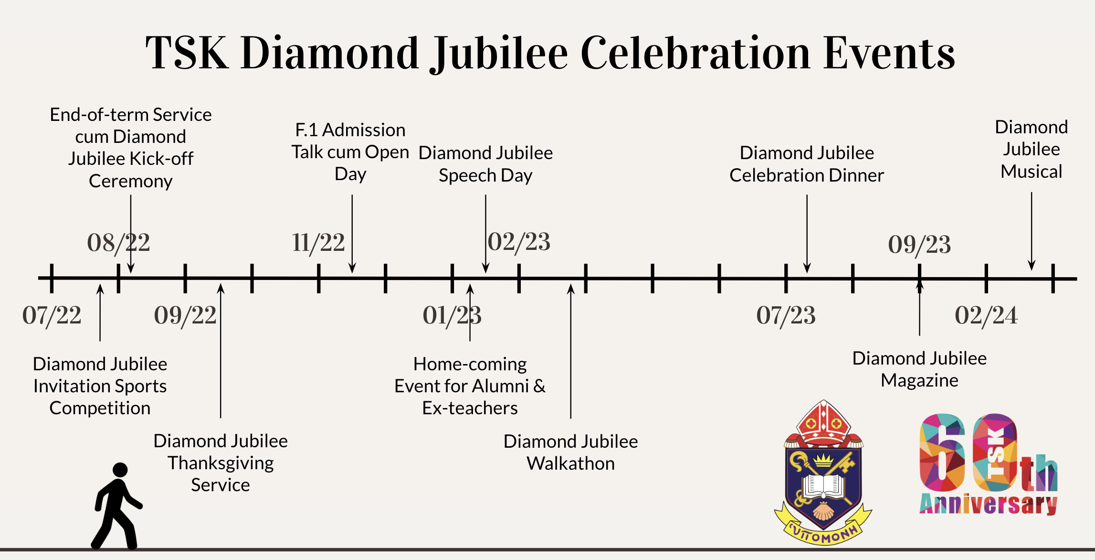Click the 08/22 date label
point(118,243)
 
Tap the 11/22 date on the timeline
point(318,243)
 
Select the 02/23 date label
point(519,242)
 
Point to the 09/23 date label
point(919,245)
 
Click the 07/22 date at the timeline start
point(52,316)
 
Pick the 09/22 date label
point(185,316)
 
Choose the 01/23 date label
point(452,316)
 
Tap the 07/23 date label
point(786,316)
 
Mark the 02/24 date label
point(986,316)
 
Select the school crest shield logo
point(823,473)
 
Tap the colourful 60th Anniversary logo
point(989,464)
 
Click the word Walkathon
point(571,463)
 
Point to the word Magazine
point(919,381)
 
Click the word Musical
point(1032,171)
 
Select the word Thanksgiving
point(221,463)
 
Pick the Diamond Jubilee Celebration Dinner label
point(807,164)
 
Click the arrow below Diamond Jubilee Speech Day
point(485,234)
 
